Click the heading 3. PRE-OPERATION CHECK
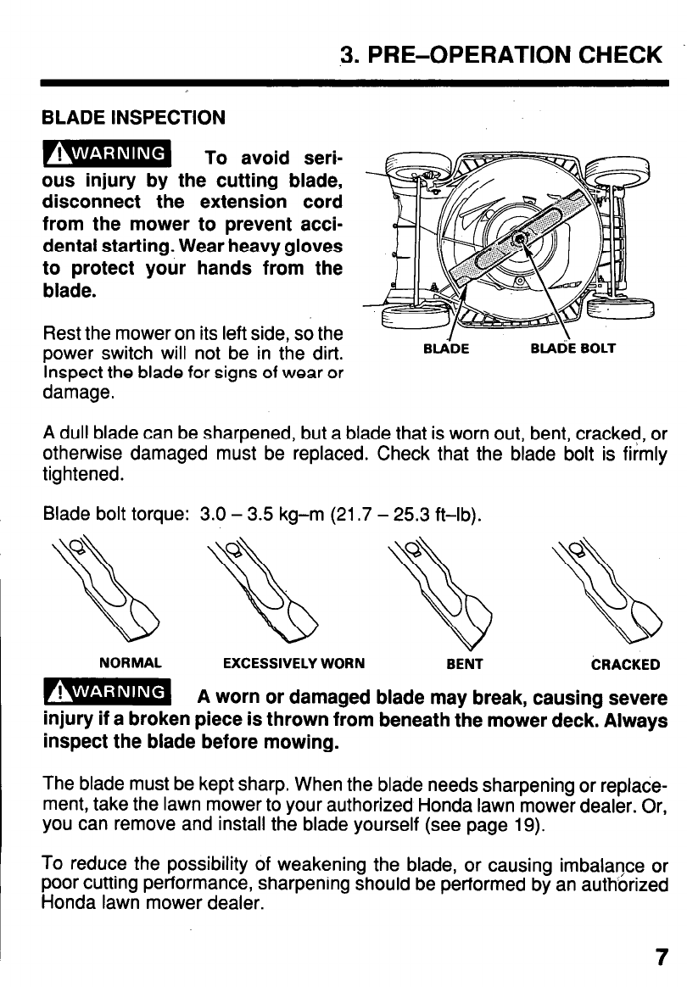(x=500, y=55)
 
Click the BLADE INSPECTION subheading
(x=134, y=117)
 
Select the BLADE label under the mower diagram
(x=445, y=348)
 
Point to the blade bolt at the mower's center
(x=521, y=241)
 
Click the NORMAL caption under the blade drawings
(x=131, y=664)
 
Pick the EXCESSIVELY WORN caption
(x=293, y=664)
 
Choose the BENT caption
(x=464, y=664)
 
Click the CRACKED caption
(x=625, y=664)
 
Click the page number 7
(x=660, y=957)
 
